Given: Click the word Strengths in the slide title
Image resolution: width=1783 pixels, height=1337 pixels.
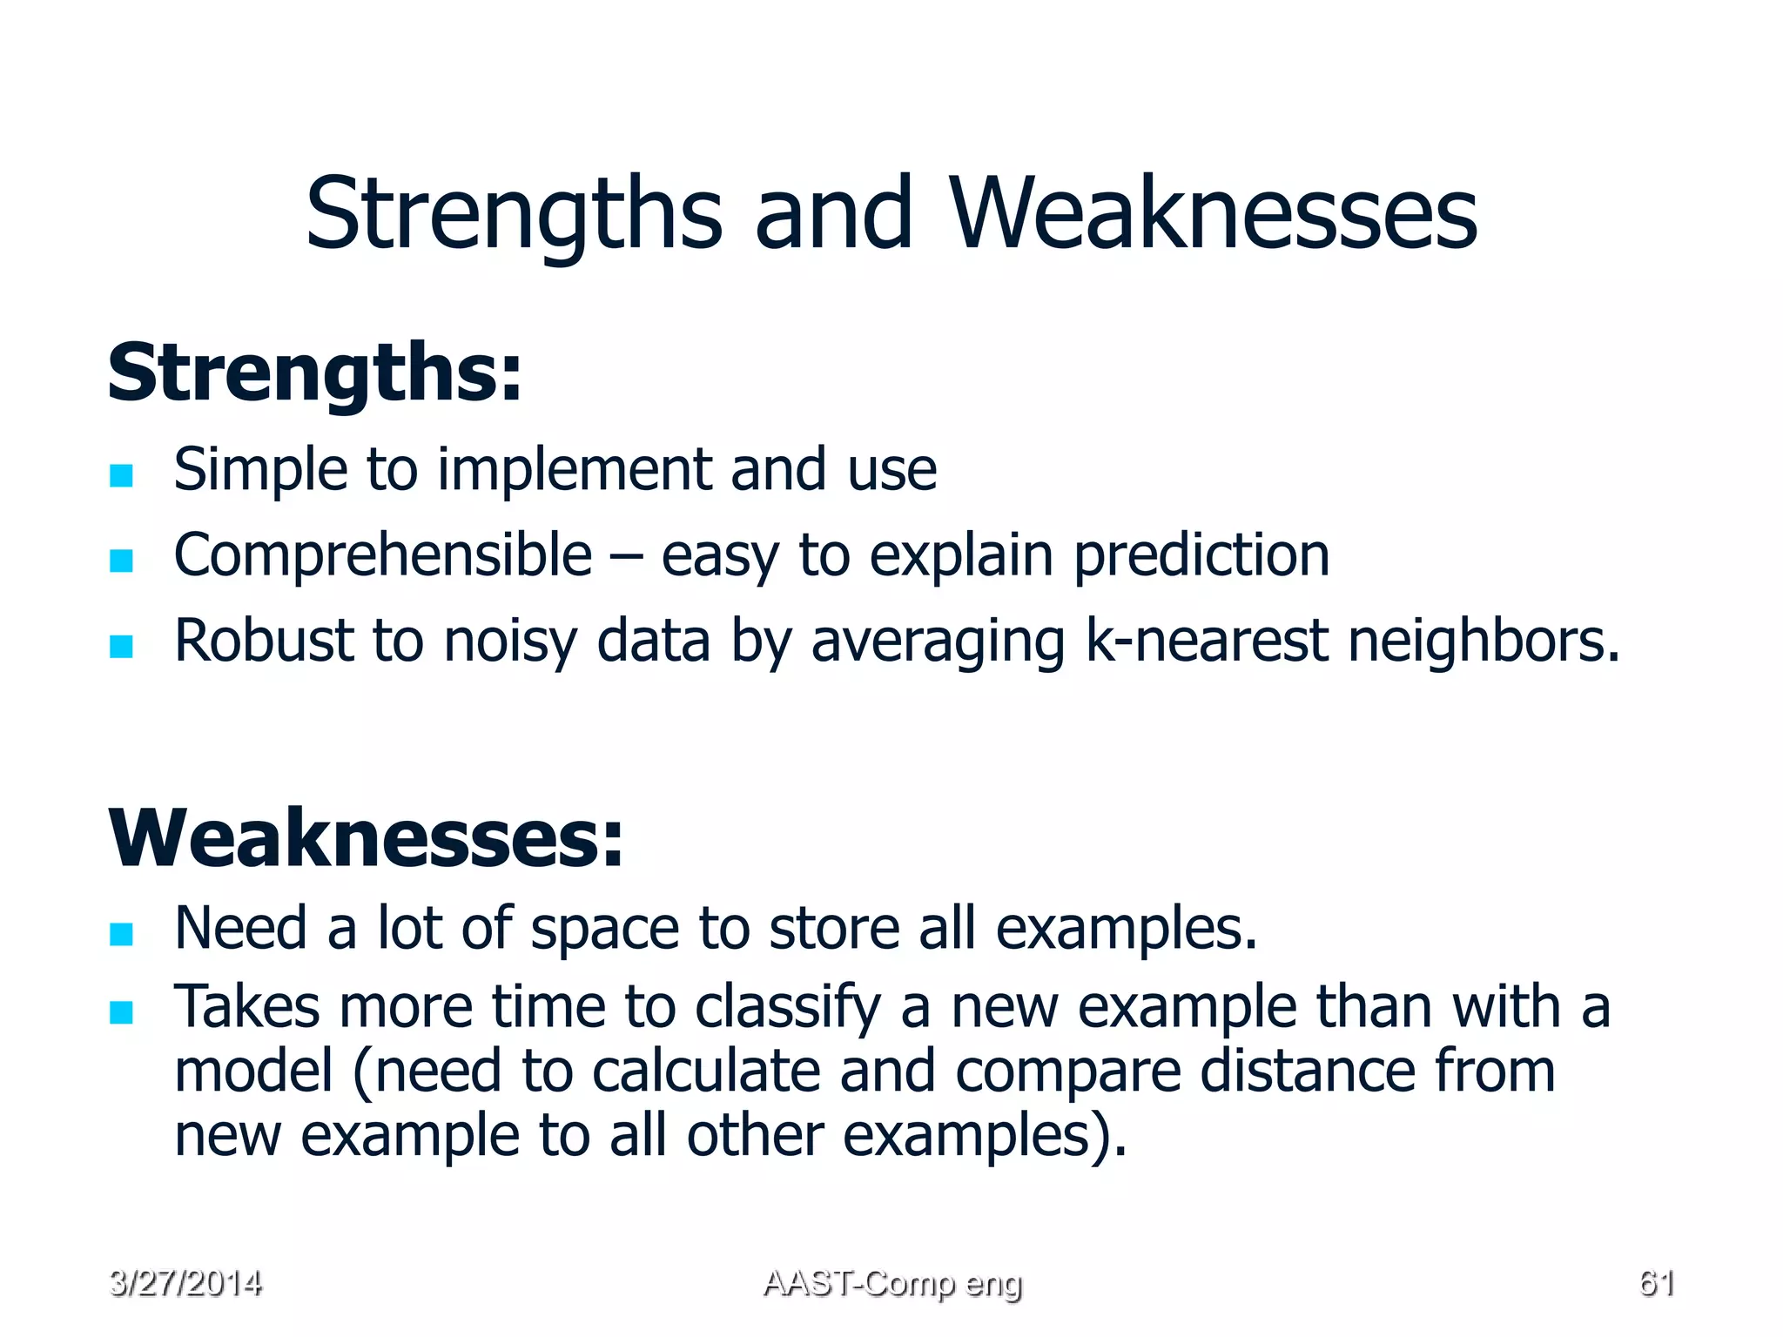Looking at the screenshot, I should pyautogui.click(x=514, y=213).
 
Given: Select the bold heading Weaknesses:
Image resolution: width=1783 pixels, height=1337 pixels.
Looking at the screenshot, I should pyautogui.click(x=366, y=838).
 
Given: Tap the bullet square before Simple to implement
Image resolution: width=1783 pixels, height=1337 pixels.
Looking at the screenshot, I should pyautogui.click(x=121, y=475).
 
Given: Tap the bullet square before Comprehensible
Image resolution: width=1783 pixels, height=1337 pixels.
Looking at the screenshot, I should pyautogui.click(x=121, y=561).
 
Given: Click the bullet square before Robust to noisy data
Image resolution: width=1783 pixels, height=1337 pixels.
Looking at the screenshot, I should pyautogui.click(x=121, y=646).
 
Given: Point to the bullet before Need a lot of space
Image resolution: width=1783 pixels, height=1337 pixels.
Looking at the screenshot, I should pyautogui.click(x=121, y=934).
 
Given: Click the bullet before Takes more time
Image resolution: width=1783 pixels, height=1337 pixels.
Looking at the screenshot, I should pyautogui.click(x=121, y=1012).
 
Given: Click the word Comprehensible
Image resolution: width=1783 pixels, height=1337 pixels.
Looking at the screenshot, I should pyautogui.click(x=383, y=555).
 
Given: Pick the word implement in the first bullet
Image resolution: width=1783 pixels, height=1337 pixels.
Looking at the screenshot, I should pyautogui.click(x=575, y=470).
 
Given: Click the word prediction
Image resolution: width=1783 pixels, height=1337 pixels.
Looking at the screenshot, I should pyautogui.click(x=1201, y=555).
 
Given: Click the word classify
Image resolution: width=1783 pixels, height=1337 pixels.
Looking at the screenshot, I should pyautogui.click(x=788, y=1008).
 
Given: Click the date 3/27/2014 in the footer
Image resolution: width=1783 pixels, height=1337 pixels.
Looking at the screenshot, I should pyautogui.click(x=185, y=1283).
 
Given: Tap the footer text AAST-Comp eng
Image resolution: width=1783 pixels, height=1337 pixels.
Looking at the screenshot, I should pyautogui.click(x=891, y=1283).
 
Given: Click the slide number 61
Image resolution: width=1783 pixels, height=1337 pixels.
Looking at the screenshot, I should pyautogui.click(x=1656, y=1283).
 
